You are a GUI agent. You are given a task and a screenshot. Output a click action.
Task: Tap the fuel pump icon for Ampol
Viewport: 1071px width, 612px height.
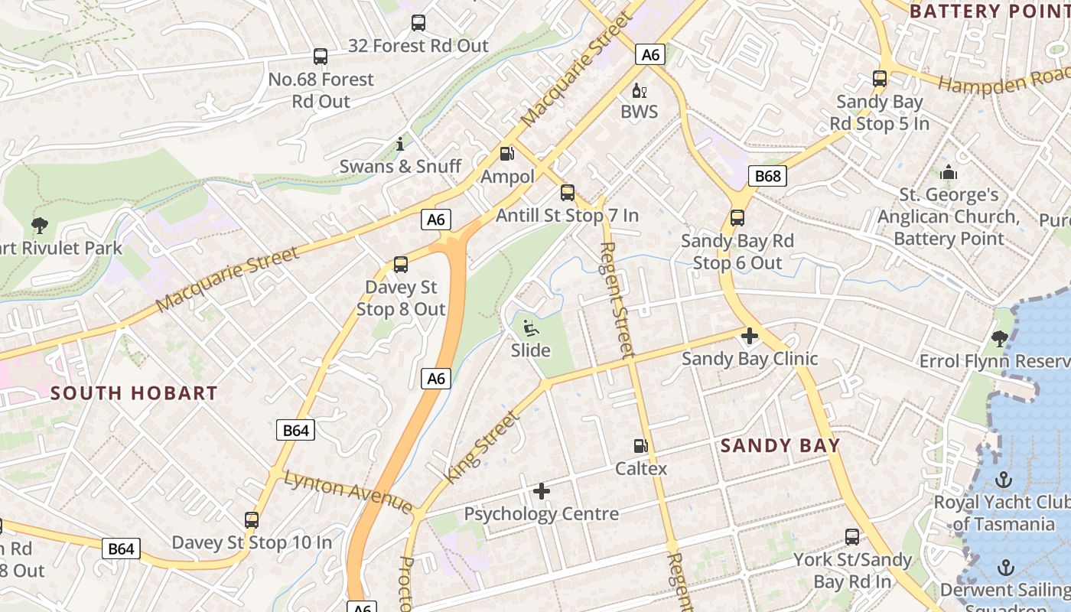pos(506,154)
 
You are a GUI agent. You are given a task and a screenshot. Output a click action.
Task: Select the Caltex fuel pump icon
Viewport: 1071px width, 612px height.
pos(640,445)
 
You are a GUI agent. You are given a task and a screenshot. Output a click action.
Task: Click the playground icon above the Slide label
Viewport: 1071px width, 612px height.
pos(529,328)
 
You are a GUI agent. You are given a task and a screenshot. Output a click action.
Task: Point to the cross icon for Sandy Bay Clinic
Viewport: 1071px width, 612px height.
pos(750,336)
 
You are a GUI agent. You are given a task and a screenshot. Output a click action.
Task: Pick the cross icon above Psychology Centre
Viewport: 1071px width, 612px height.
pos(542,490)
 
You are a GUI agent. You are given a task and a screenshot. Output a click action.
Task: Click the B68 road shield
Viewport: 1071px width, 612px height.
pos(767,177)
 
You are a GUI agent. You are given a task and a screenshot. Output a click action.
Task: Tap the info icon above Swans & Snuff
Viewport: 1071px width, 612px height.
pos(399,144)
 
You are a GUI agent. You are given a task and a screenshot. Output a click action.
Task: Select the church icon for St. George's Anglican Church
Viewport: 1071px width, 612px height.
pos(949,172)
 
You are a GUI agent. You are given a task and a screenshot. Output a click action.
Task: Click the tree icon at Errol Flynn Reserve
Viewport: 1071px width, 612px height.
pos(999,338)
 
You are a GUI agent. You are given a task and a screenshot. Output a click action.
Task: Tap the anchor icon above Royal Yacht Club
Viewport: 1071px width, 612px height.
pos(1003,480)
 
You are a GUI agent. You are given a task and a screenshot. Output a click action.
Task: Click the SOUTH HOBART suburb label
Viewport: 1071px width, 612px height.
pos(134,393)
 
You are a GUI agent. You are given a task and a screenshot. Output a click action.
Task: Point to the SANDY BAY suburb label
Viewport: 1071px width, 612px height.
pos(780,445)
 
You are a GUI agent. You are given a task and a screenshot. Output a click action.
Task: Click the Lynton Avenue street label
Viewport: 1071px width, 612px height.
pos(348,492)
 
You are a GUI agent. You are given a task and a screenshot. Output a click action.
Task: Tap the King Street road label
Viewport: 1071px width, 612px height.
pos(482,448)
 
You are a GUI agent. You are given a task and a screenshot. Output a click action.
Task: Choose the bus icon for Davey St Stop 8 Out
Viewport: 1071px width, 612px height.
pos(401,265)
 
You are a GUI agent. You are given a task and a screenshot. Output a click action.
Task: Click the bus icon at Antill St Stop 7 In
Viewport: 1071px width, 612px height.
pos(567,193)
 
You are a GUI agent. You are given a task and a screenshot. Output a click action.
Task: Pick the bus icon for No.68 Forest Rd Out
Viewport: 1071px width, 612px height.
pos(321,57)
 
